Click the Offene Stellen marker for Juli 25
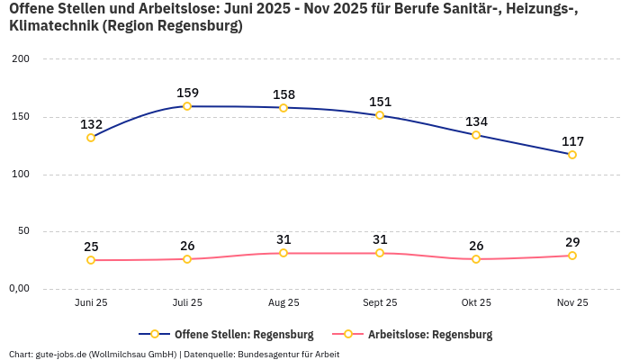[x=187, y=106]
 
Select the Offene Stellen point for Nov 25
[x=572, y=155]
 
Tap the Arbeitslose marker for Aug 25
[x=283, y=253]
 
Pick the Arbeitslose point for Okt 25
[x=476, y=259]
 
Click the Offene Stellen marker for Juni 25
[x=91, y=138]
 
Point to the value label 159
[x=187, y=93]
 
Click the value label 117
[x=572, y=141]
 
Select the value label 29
[x=572, y=242]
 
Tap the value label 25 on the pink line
[x=91, y=247]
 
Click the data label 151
[x=380, y=102]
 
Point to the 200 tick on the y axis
[x=21, y=59]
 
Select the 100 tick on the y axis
[x=21, y=175]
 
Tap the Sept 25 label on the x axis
[x=380, y=303]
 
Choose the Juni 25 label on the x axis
[x=91, y=303]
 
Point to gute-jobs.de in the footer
[x=60, y=354]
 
